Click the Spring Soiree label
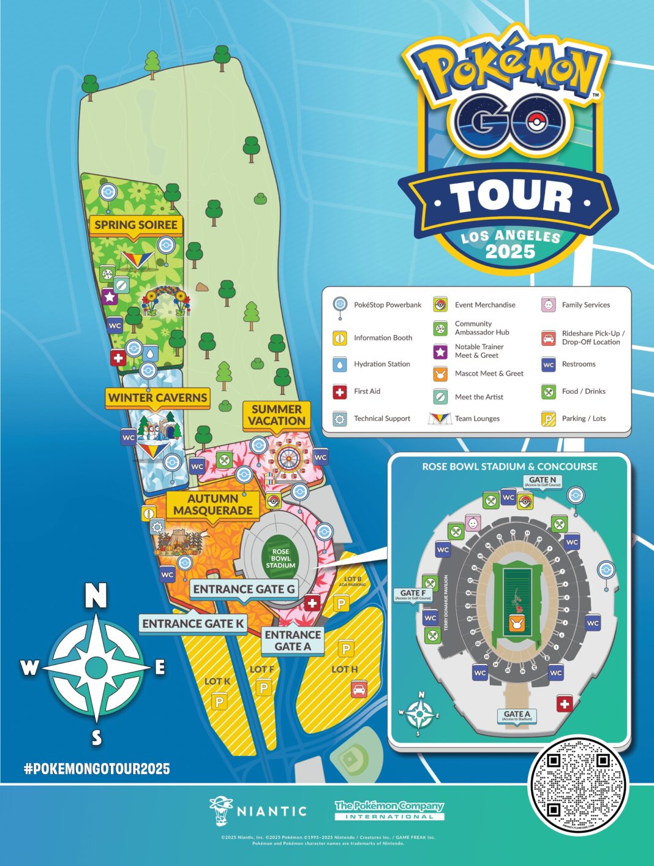[136, 225]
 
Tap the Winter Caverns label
[158, 397]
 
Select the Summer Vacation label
[277, 415]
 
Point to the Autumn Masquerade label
[212, 505]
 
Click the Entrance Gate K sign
[193, 624]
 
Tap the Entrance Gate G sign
[244, 589]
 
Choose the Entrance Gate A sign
[293, 641]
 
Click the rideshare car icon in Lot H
[359, 689]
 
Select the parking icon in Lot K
[219, 701]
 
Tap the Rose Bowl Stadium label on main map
[280, 559]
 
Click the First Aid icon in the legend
[339, 391]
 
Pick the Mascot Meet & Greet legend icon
[440, 374]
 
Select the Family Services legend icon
[548, 304]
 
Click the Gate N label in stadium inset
[543, 481]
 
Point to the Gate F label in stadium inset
[412, 594]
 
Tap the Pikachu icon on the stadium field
[516, 625]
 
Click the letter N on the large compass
[96, 595]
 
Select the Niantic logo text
[271, 811]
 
